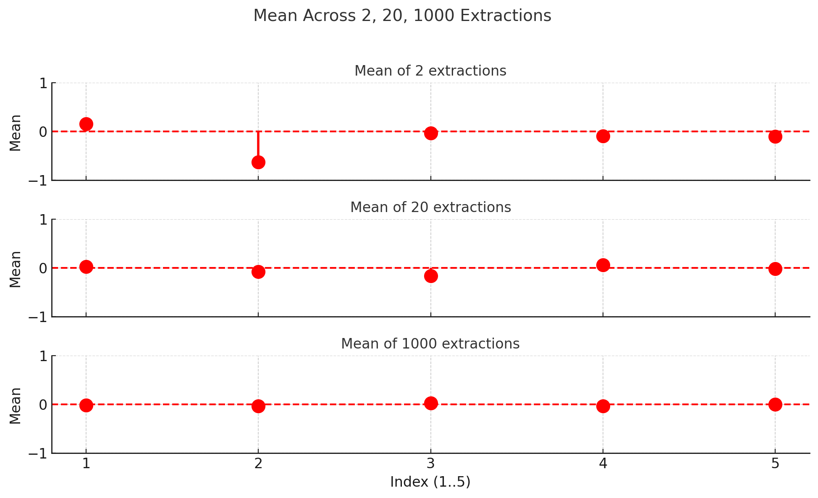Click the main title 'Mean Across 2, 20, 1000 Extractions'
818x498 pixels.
pyautogui.click(x=402, y=16)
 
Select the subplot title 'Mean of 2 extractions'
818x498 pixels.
pyautogui.click(x=430, y=71)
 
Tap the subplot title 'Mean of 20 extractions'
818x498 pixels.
pyautogui.click(x=430, y=207)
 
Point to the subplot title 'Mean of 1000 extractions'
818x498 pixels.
pyautogui.click(x=430, y=344)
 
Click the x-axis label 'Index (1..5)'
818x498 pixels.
pyautogui.click(x=430, y=482)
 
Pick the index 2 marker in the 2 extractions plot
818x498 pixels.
pyautogui.click(x=258, y=163)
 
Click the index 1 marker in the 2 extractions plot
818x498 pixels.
pyautogui.click(x=86, y=124)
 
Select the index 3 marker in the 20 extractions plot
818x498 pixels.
pyautogui.click(x=431, y=276)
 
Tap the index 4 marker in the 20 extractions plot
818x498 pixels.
pyautogui.click(x=603, y=265)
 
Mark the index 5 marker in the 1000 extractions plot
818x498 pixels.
pyautogui.click(x=775, y=404)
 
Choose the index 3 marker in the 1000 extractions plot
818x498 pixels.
pyautogui.click(x=431, y=403)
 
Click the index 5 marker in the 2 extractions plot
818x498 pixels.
pyautogui.click(x=775, y=136)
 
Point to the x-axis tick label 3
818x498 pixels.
pyautogui.click(x=431, y=464)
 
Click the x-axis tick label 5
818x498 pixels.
pyautogui.click(x=775, y=464)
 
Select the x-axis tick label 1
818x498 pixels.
pyautogui.click(x=86, y=464)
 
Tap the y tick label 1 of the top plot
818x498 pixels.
pyautogui.click(x=43, y=84)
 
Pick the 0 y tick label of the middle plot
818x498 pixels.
pyautogui.click(x=43, y=268)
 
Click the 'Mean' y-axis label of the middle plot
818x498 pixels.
pyautogui.click(x=16, y=269)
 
